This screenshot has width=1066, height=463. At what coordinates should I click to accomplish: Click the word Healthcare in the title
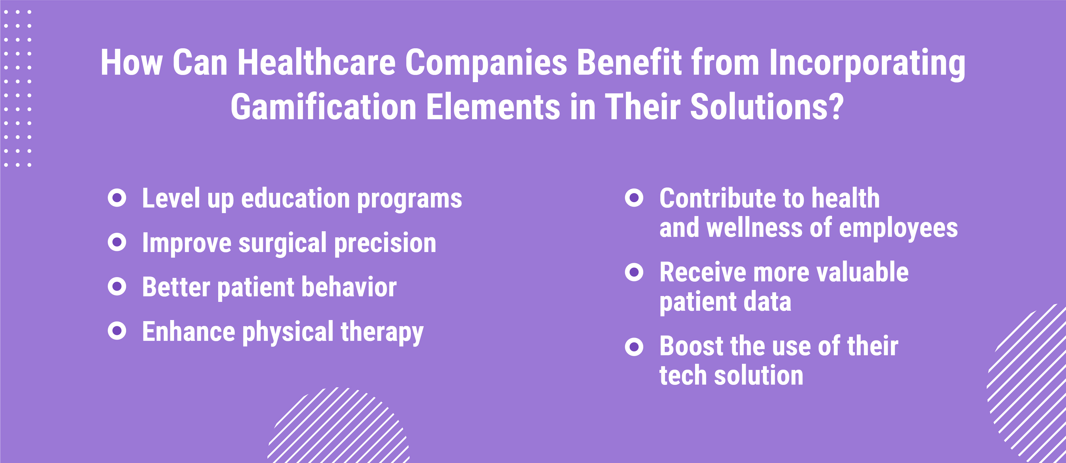pos(317,63)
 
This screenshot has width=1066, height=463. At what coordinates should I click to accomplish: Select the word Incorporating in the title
pos(867,64)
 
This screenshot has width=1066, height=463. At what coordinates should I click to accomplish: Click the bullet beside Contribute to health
pos(634,198)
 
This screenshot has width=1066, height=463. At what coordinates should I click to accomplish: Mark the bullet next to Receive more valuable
pos(634,272)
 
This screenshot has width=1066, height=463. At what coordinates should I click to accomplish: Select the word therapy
pos(382,332)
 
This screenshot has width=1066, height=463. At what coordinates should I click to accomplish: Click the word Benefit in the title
pos(629,63)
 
